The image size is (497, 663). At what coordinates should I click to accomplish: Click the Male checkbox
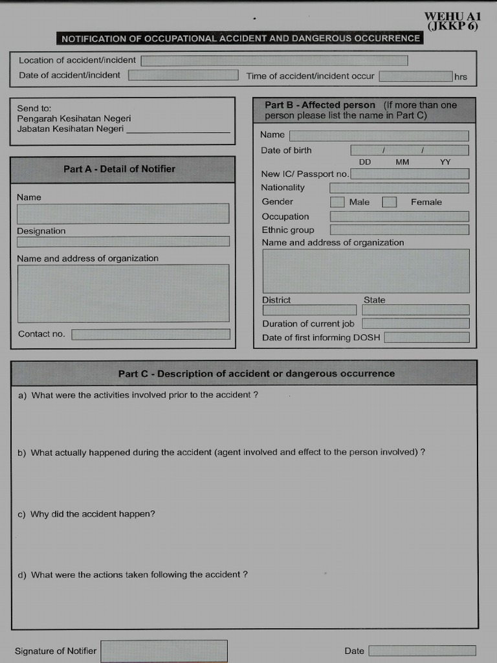(337, 202)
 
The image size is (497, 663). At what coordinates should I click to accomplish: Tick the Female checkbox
(389, 202)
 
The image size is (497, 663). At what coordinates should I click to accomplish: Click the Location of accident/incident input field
(274, 61)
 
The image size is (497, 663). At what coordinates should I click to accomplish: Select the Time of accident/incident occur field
(415, 76)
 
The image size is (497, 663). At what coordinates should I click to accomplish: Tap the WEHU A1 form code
(452, 17)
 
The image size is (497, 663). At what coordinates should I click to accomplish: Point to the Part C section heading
(256, 374)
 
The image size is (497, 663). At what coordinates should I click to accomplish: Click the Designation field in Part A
(123, 242)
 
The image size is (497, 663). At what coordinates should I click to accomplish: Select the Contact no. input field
(151, 335)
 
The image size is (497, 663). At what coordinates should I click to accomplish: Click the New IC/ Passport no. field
(410, 174)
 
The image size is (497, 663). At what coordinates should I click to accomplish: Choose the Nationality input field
(399, 188)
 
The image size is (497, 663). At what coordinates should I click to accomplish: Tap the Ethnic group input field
(399, 230)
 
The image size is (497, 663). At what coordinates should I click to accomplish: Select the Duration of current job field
(415, 324)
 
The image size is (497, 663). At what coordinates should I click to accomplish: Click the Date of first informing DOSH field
(426, 337)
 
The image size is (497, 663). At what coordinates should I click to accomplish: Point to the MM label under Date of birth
(403, 162)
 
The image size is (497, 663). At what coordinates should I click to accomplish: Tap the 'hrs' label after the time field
(460, 77)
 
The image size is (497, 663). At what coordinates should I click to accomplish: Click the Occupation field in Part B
(399, 216)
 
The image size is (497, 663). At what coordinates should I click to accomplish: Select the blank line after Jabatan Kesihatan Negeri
(179, 131)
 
